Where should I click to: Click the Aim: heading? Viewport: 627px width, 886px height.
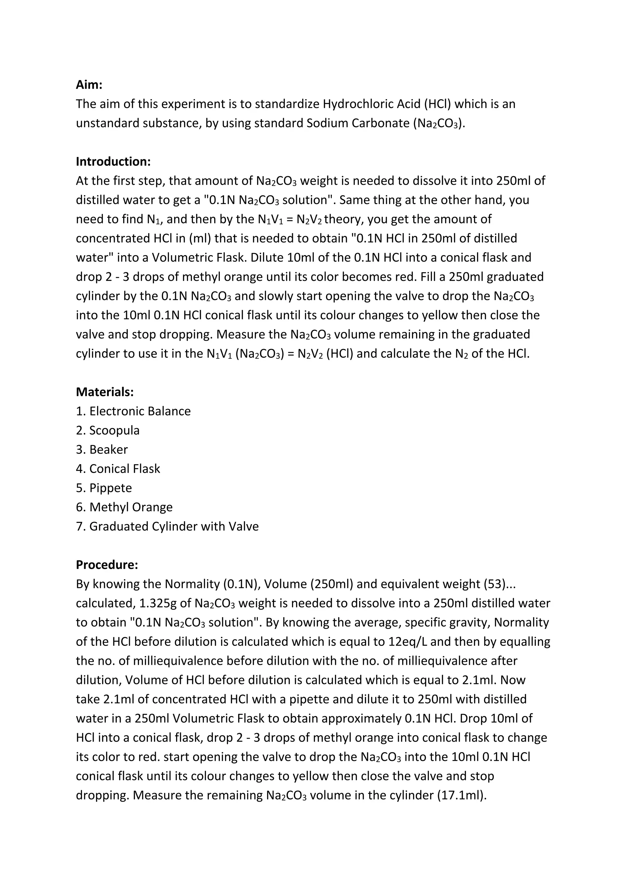89,84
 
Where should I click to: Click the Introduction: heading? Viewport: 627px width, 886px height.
113,161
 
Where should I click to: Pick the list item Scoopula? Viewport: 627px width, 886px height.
108,430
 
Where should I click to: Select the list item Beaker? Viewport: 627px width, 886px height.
102,449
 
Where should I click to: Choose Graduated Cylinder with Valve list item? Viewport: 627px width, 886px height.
167,526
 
